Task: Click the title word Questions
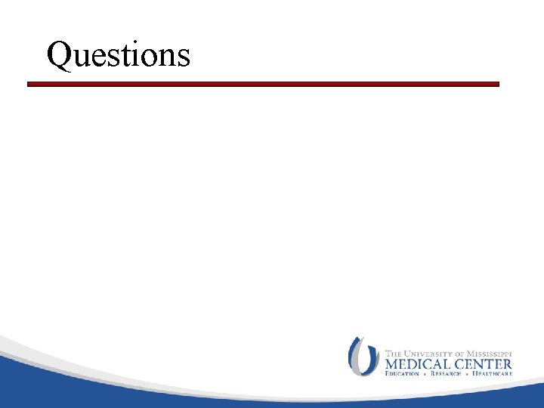[x=118, y=54]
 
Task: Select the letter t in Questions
[x=126, y=56]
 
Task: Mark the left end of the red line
[x=29, y=85]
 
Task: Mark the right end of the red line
[x=498, y=85]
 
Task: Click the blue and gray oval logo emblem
[x=363, y=356]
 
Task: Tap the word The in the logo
[x=394, y=353]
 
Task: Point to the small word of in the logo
[x=462, y=353]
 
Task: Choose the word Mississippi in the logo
[x=490, y=353]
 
